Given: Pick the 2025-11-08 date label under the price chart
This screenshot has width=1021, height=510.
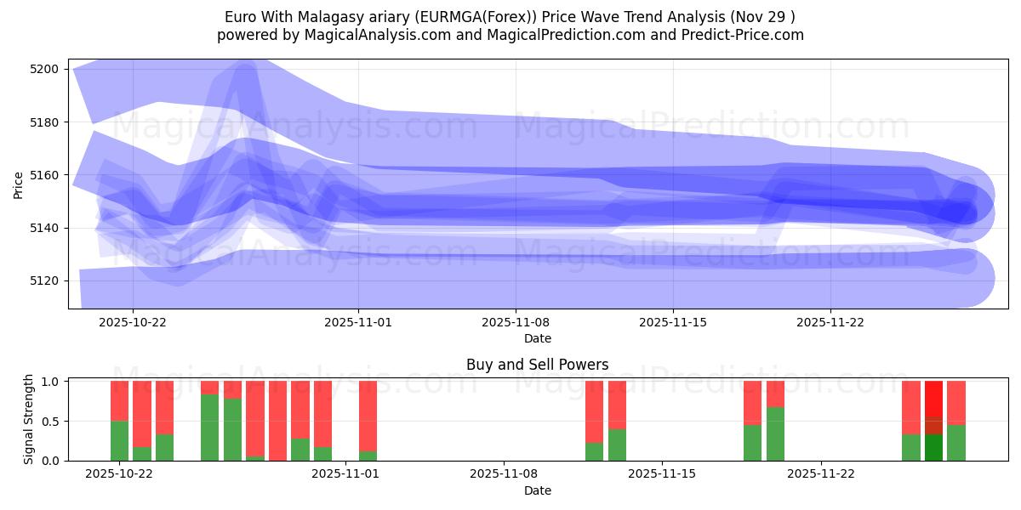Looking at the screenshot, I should (516, 323).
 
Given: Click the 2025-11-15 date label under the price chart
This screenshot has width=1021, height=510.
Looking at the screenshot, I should (673, 323).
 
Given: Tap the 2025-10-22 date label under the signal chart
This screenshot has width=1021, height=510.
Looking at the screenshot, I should (119, 474).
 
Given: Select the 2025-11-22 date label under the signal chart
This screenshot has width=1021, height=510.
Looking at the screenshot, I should (820, 474).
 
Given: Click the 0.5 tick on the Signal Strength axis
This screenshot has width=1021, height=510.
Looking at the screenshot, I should (49, 422).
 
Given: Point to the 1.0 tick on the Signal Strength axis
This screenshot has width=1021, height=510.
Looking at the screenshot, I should (49, 382).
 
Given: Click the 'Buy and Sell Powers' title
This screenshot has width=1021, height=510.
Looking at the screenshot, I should (537, 365).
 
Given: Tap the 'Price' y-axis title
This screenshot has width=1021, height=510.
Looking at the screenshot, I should (19, 184).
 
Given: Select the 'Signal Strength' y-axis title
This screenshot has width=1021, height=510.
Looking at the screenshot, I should (29, 418).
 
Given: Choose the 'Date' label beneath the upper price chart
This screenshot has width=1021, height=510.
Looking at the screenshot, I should (537, 338).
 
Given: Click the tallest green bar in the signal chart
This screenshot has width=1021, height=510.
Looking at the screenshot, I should (209, 428).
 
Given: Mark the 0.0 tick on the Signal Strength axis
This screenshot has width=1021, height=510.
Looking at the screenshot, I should (49, 461).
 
